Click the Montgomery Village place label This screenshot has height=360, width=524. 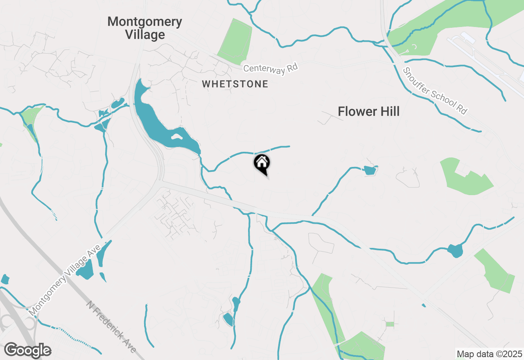pos(145,28)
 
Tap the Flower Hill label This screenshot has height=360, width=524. pos(368,111)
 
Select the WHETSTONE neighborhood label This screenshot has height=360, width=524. pos(235,84)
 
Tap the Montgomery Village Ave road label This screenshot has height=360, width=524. pos(65,280)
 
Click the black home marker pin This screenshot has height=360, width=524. pos(262,164)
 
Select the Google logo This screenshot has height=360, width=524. pos(27,351)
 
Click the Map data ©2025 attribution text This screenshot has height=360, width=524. pos(489,354)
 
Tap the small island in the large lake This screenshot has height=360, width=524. pos(176,137)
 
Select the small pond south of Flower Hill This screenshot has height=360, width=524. pos(370,171)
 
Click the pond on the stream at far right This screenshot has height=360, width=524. pos(455,250)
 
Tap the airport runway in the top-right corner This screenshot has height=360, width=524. pos(483,57)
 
